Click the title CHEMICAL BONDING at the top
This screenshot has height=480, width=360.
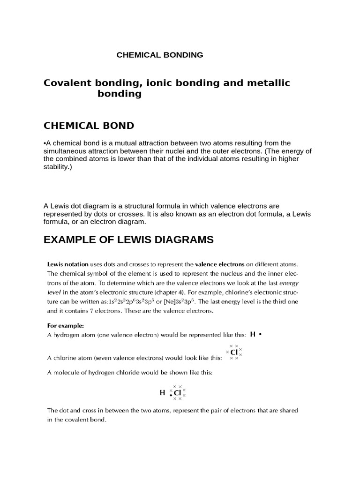160,55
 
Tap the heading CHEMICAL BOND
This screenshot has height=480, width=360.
89,126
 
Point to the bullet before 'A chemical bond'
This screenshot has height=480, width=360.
45,143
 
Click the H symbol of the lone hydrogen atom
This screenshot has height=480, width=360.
253,334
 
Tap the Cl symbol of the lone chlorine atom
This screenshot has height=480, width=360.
234,352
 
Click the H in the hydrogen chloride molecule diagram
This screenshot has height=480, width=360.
162,392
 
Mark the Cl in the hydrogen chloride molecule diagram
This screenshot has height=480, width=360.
177,393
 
